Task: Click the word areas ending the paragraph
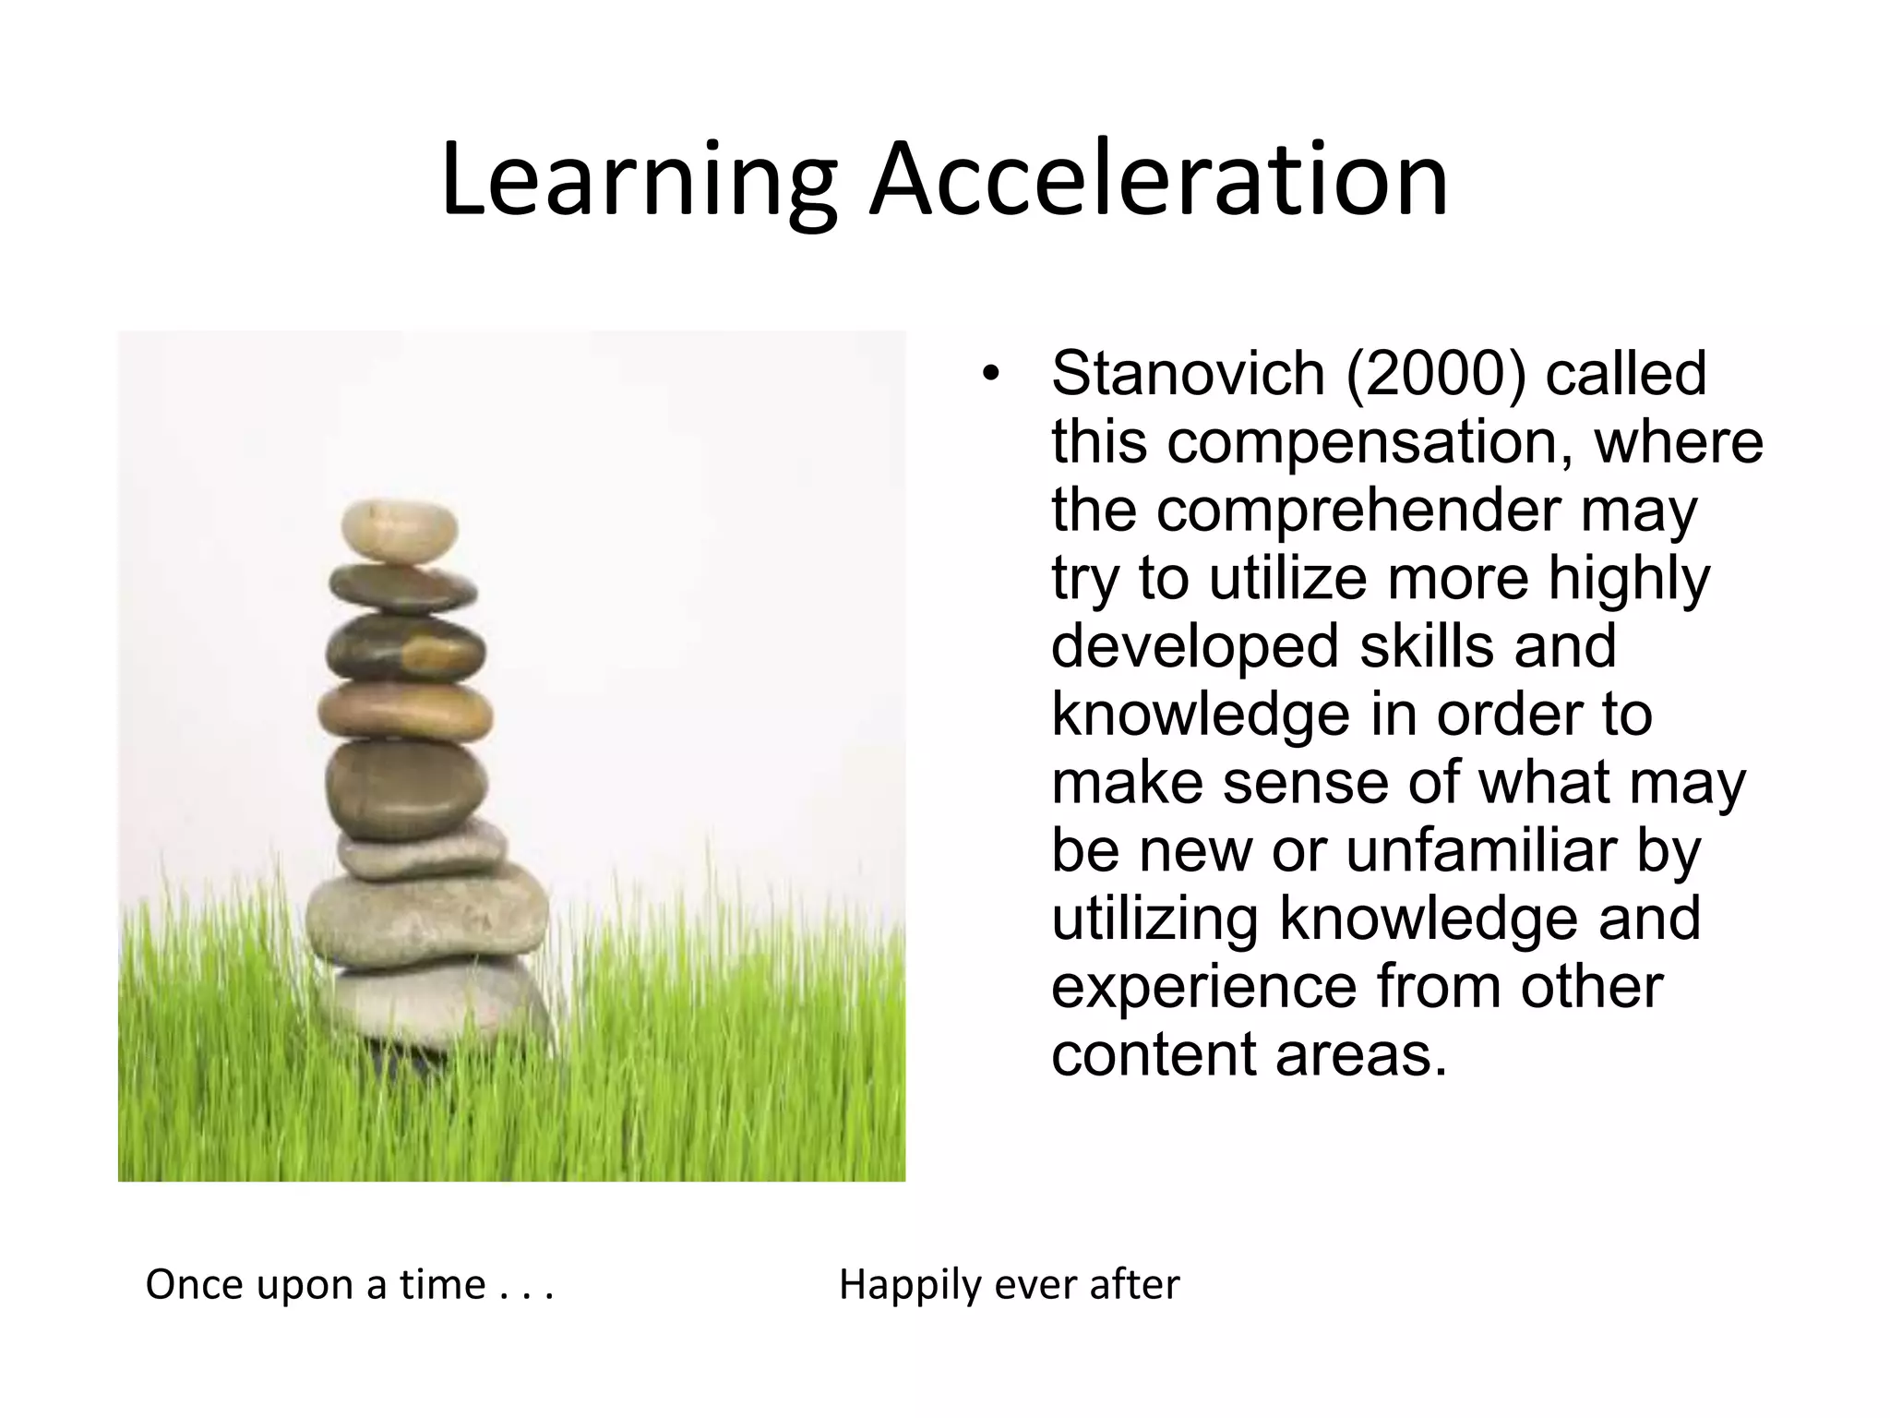(x=1361, y=1054)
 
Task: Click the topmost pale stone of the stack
(x=399, y=531)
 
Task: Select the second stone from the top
(x=402, y=587)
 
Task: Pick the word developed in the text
(x=1196, y=646)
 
